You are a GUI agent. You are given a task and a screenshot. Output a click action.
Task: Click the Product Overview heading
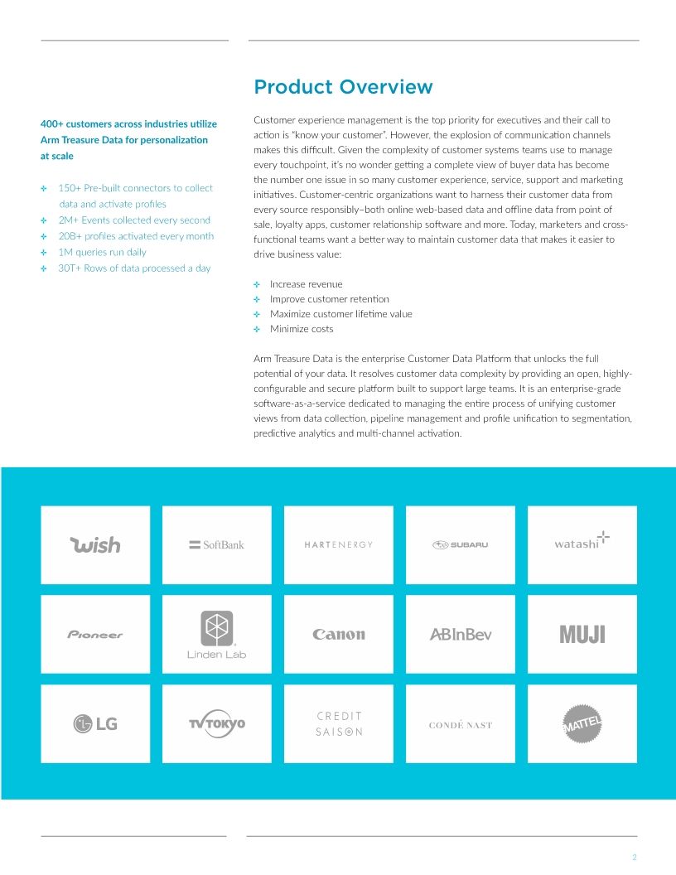tap(343, 87)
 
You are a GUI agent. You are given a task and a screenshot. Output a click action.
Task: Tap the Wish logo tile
tap(95, 544)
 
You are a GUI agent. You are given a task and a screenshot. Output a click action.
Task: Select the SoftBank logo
tap(217, 544)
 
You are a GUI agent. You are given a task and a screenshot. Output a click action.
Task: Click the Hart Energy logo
tap(339, 544)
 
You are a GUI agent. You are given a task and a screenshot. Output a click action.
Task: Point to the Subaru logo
tap(461, 544)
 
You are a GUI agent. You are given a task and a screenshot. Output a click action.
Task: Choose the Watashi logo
tap(582, 542)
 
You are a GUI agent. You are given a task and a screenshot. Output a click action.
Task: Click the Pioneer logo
tap(95, 635)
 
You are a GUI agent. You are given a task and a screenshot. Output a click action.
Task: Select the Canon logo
tap(339, 635)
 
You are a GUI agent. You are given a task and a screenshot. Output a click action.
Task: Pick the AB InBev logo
tap(461, 635)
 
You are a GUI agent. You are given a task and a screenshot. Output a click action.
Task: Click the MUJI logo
tap(582, 635)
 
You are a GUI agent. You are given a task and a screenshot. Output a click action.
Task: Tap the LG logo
tap(95, 724)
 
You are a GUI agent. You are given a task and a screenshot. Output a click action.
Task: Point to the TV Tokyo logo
tap(217, 723)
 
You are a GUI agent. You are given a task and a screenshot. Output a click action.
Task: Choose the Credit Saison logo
tap(339, 723)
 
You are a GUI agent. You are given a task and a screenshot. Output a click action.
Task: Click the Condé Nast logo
tap(461, 725)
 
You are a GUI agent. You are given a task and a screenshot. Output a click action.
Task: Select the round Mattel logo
tap(582, 723)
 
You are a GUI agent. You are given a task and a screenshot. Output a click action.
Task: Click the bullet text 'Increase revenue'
tap(306, 284)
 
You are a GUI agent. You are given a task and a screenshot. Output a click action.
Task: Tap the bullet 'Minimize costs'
tap(302, 329)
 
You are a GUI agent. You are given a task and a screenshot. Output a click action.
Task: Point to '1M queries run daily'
tap(102, 252)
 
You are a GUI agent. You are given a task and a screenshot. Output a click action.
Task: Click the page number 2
tap(634, 858)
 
